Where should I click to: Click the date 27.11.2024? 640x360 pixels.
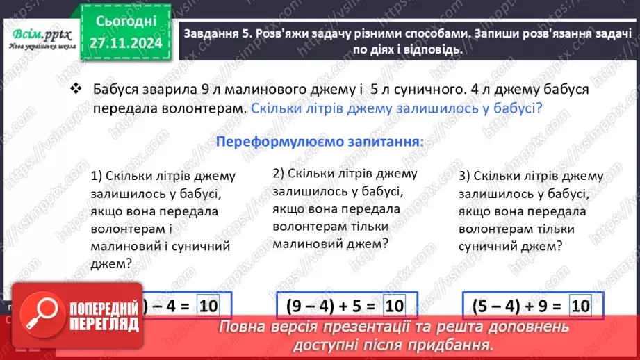coord(126,44)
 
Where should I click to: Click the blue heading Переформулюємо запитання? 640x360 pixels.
coord(320,140)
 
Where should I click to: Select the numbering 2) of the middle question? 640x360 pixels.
coord(279,173)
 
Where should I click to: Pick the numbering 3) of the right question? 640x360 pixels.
coord(465,176)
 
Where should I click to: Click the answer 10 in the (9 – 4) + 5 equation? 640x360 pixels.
coord(394,305)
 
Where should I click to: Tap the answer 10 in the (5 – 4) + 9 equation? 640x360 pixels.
coord(580,305)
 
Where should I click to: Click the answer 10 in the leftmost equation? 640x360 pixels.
coord(208,305)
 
